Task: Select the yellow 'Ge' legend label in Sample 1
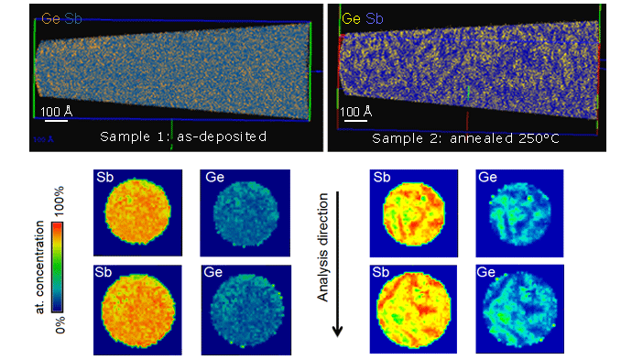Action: tap(43, 16)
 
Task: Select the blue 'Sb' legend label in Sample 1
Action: tap(63, 16)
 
